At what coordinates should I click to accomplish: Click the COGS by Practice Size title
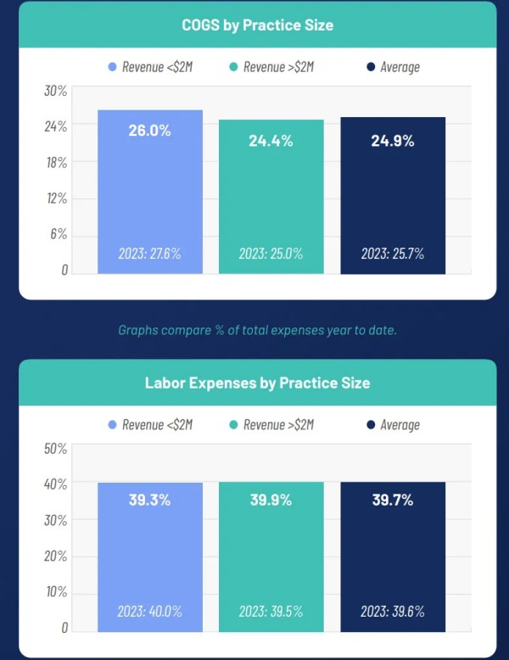[x=257, y=25]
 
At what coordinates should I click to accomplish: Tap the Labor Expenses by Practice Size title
[x=257, y=383]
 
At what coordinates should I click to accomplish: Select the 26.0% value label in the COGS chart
[x=149, y=131]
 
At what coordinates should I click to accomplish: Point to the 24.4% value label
[x=271, y=141]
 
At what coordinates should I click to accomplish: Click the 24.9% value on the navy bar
[x=393, y=141]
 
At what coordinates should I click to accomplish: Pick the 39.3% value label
[x=149, y=500]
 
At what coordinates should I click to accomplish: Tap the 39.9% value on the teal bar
[x=271, y=500]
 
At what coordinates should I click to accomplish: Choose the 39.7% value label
[x=393, y=500]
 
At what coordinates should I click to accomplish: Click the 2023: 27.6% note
[x=149, y=253]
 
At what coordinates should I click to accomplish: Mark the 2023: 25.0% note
[x=271, y=253]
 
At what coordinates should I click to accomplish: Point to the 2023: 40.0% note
[x=149, y=611]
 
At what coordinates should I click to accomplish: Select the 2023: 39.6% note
[x=393, y=611]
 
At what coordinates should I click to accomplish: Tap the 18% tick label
[x=56, y=162]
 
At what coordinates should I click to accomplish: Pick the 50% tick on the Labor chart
[x=56, y=448]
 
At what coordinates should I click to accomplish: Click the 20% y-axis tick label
[x=56, y=556]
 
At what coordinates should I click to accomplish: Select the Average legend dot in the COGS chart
[x=372, y=67]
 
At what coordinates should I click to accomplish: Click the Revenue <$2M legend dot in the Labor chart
[x=112, y=424]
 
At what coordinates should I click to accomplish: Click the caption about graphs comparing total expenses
[x=257, y=329]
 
